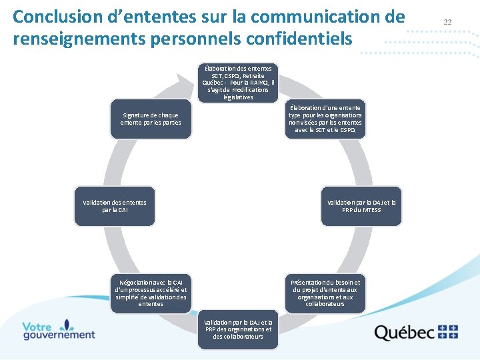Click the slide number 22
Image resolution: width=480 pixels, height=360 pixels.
pyautogui.click(x=447, y=22)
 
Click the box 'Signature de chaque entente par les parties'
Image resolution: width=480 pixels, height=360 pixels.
pyautogui.click(x=151, y=119)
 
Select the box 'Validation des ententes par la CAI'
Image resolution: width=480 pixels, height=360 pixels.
pyautogui.click(x=115, y=206)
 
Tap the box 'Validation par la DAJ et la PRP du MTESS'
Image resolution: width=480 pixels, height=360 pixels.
pyautogui.click(x=361, y=206)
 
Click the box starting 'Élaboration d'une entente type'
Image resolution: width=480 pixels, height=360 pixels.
pyautogui.click(x=325, y=119)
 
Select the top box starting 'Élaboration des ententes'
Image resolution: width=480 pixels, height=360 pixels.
pyautogui.click(x=238, y=83)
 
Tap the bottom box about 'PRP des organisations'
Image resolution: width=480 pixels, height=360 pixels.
pyautogui.click(x=238, y=329)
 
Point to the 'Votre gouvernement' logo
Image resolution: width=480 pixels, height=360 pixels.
pyautogui.click(x=59, y=329)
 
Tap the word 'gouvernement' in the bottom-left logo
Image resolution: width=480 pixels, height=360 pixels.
pyautogui.click(x=59, y=335)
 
